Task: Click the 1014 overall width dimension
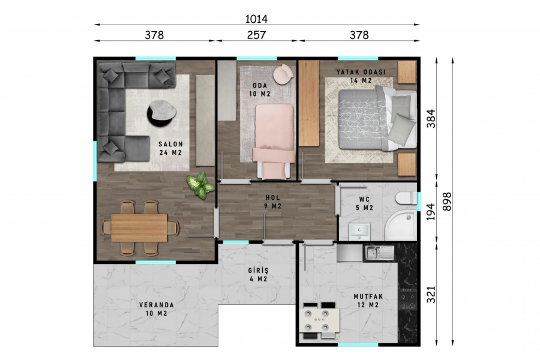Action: (256, 19)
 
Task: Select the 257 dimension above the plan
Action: (256, 35)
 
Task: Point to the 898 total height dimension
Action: (446, 202)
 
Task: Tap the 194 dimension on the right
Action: (431, 212)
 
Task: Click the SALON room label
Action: (170, 145)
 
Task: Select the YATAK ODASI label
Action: (361, 72)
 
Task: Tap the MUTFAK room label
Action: (368, 296)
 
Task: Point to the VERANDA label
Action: (157, 305)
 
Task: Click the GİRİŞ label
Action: (258, 271)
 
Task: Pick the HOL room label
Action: (273, 198)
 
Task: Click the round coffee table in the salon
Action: (161, 113)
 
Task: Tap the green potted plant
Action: (200, 185)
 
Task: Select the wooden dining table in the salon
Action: (139, 228)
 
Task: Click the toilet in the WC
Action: (406, 199)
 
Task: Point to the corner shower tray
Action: (401, 226)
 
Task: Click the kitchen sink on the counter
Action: (379, 253)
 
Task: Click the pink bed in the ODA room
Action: (274, 141)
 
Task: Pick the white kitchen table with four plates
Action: (319, 320)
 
